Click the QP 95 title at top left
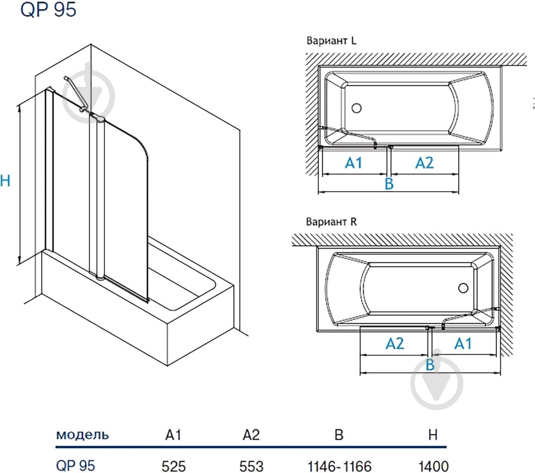pos(48,9)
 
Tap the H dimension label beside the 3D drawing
pos(5,181)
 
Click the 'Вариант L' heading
pos(331,41)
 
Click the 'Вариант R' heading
pos(331,222)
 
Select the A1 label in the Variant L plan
pos(353,163)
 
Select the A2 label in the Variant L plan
pos(424,163)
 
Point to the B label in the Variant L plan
pos(390,183)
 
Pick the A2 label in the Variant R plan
pos(395,344)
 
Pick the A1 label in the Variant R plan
pos(463,344)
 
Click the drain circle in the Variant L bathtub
pos(356,108)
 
